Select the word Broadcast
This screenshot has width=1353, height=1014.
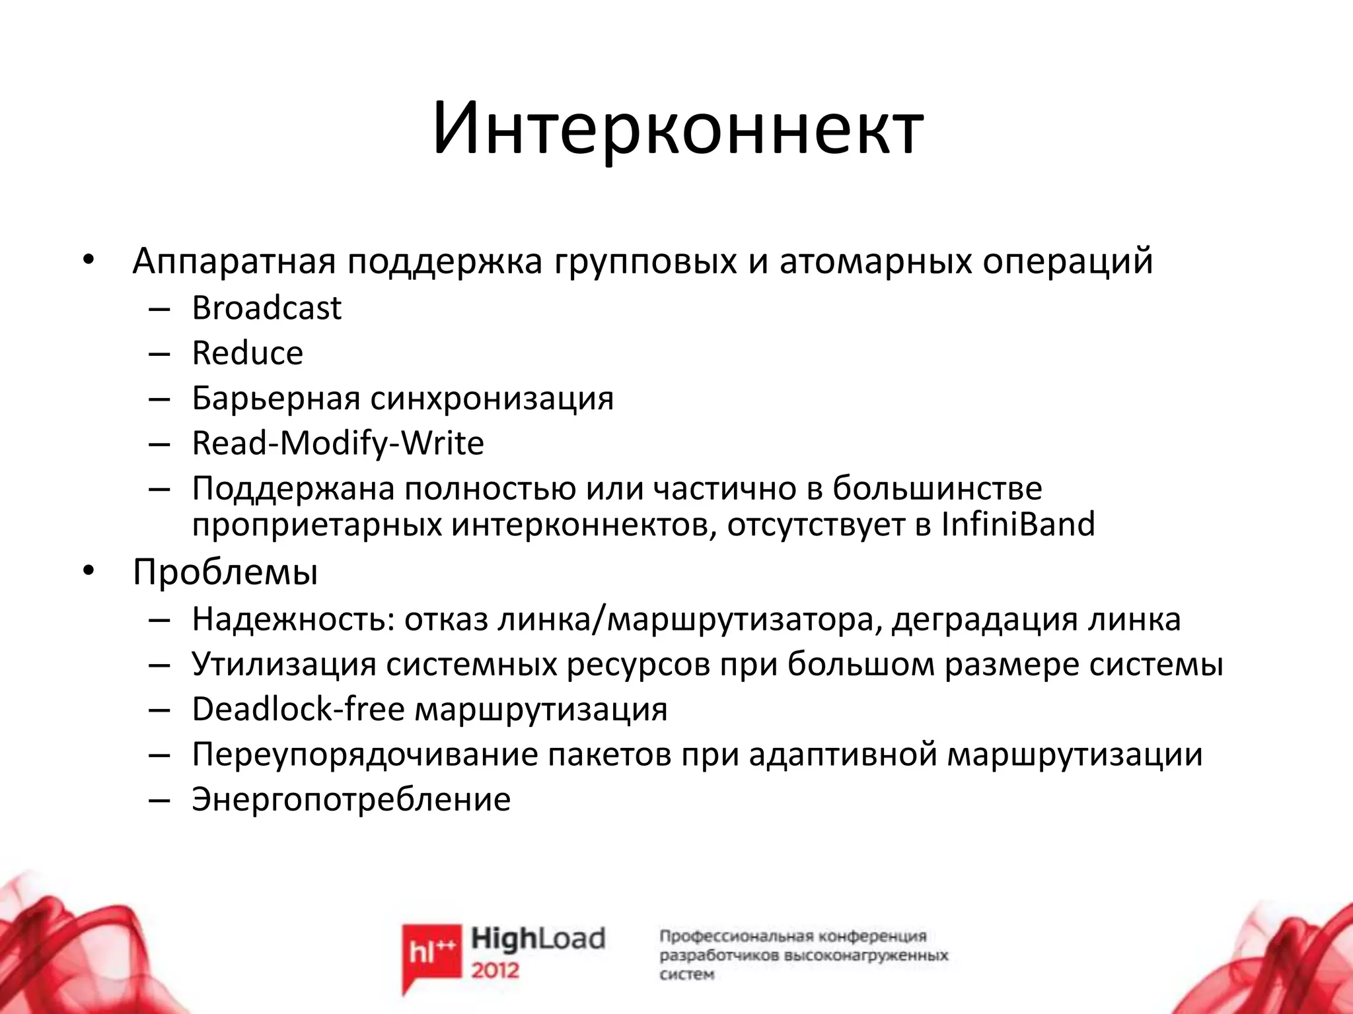tap(266, 308)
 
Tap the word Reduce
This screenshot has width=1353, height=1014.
tap(247, 353)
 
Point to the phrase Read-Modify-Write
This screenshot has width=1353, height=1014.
tap(338, 443)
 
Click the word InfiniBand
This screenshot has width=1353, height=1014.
tap(1017, 525)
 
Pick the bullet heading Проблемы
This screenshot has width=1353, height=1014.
tap(225, 572)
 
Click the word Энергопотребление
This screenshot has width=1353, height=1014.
tap(351, 799)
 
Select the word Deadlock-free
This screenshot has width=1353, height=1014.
tap(298, 710)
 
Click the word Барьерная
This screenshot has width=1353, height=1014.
tap(275, 398)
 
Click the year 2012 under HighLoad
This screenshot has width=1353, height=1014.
tap(495, 970)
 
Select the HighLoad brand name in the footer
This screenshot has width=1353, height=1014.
tap(538, 938)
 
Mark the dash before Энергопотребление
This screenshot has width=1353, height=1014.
tap(160, 799)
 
